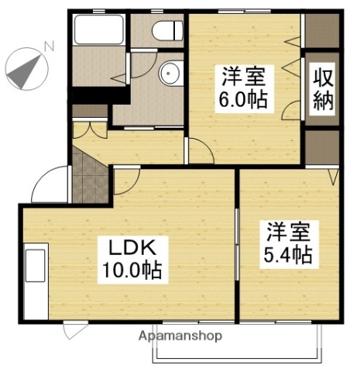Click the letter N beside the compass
pyautogui.click(x=48, y=46)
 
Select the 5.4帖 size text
pyautogui.click(x=290, y=255)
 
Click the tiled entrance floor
pyautogui.click(x=91, y=174)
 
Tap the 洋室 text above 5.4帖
pyautogui.click(x=290, y=232)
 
